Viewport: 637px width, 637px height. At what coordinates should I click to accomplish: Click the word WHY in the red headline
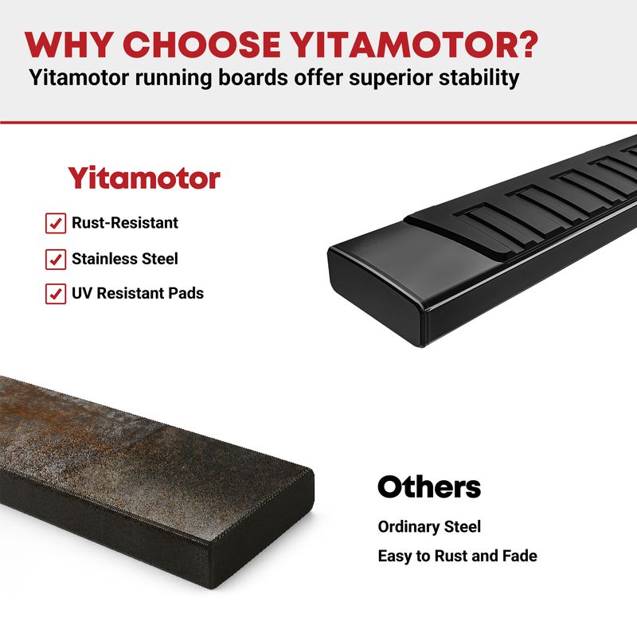(x=69, y=45)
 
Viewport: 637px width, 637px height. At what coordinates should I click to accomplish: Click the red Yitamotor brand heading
(x=144, y=178)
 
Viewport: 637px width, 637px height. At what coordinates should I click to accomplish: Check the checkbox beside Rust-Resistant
(x=56, y=223)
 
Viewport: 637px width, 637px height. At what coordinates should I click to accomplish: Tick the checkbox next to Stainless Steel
(x=56, y=260)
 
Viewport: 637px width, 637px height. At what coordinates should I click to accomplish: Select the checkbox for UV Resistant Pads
(x=56, y=294)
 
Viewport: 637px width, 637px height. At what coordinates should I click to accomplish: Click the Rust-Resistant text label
(x=125, y=223)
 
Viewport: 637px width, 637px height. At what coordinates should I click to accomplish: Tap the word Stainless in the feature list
(x=105, y=259)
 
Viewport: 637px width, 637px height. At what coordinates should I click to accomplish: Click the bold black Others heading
(x=429, y=487)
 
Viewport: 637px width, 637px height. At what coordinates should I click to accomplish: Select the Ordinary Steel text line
(x=429, y=526)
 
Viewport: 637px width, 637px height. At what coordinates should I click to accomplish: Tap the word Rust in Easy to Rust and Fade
(x=451, y=556)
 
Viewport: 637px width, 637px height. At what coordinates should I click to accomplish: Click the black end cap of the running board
(x=376, y=296)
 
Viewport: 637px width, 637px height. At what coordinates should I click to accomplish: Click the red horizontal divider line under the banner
(x=318, y=123)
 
